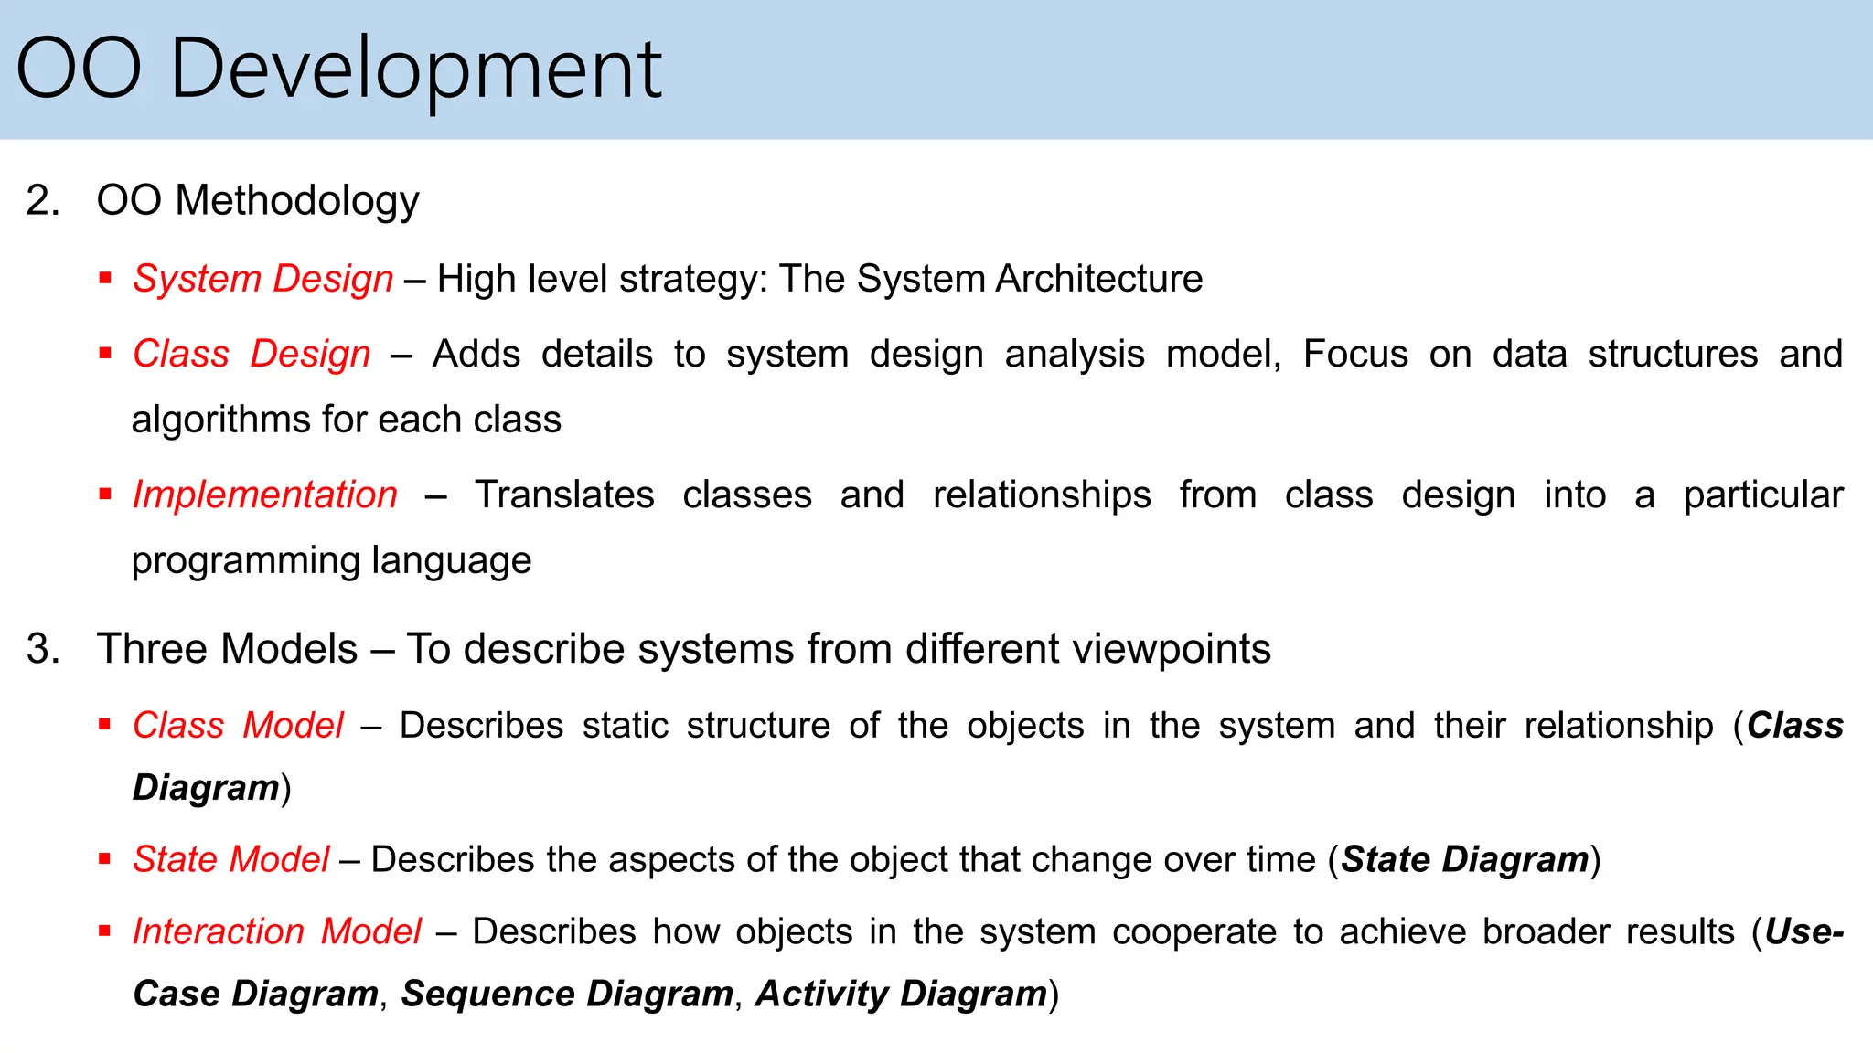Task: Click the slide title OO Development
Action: (x=338, y=69)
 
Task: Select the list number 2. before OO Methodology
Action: (x=42, y=200)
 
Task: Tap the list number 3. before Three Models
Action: (x=42, y=649)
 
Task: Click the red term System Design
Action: (x=263, y=279)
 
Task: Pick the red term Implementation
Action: (x=265, y=495)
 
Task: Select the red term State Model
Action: (x=230, y=859)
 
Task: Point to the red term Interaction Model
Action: (x=277, y=931)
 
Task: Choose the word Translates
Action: (x=564, y=495)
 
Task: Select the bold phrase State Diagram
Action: (x=1465, y=859)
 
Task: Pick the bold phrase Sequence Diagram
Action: (x=567, y=994)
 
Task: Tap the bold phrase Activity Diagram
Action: (x=901, y=994)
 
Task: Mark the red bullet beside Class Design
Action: (x=105, y=354)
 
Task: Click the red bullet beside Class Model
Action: (x=105, y=725)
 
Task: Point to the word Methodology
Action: (x=297, y=200)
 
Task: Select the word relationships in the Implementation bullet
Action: (x=1042, y=495)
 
